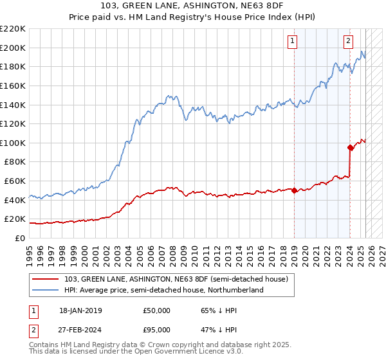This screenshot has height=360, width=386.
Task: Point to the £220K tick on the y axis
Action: [13, 29]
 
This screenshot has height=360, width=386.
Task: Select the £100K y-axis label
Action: [13, 143]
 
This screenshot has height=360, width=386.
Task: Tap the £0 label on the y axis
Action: [20, 238]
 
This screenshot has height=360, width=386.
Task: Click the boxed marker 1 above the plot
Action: [292, 41]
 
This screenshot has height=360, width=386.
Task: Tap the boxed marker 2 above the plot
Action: [348, 41]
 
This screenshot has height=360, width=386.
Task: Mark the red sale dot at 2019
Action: [294, 190]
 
